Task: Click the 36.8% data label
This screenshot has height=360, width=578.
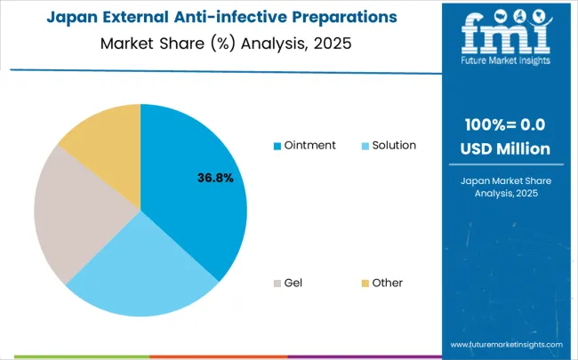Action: (x=215, y=178)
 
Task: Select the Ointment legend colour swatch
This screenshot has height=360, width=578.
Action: (x=278, y=145)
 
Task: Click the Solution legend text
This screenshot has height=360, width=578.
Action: (x=393, y=145)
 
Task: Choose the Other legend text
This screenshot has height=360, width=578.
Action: (x=388, y=283)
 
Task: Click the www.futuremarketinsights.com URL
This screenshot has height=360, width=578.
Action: (x=506, y=344)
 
